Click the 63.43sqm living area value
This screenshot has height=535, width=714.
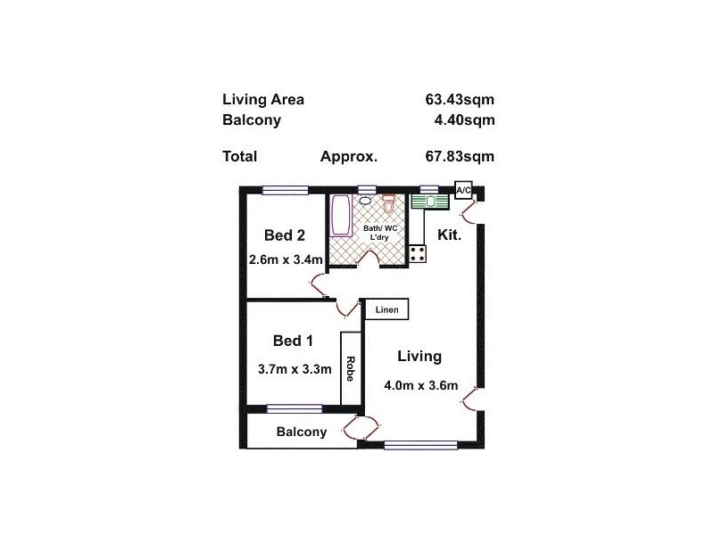click(x=460, y=100)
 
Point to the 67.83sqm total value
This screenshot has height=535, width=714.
click(x=460, y=156)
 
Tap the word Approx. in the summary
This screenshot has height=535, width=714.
click(x=349, y=156)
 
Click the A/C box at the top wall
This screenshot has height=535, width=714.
click(x=463, y=191)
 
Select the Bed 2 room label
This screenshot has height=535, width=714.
click(x=285, y=235)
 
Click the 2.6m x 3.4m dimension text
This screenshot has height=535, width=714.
click(x=285, y=260)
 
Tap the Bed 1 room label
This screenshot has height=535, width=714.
click(x=293, y=341)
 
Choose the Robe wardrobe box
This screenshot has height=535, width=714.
click(x=350, y=369)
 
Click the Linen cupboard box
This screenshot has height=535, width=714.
click(x=386, y=309)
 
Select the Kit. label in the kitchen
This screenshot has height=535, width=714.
click(x=448, y=235)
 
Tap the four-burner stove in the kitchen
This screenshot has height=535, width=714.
click(x=418, y=252)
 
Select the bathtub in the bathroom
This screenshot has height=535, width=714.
click(x=341, y=218)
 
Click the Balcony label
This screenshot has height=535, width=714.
click(x=301, y=432)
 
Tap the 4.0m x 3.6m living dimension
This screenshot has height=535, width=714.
click(x=420, y=386)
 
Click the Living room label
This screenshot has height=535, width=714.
click(x=419, y=357)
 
